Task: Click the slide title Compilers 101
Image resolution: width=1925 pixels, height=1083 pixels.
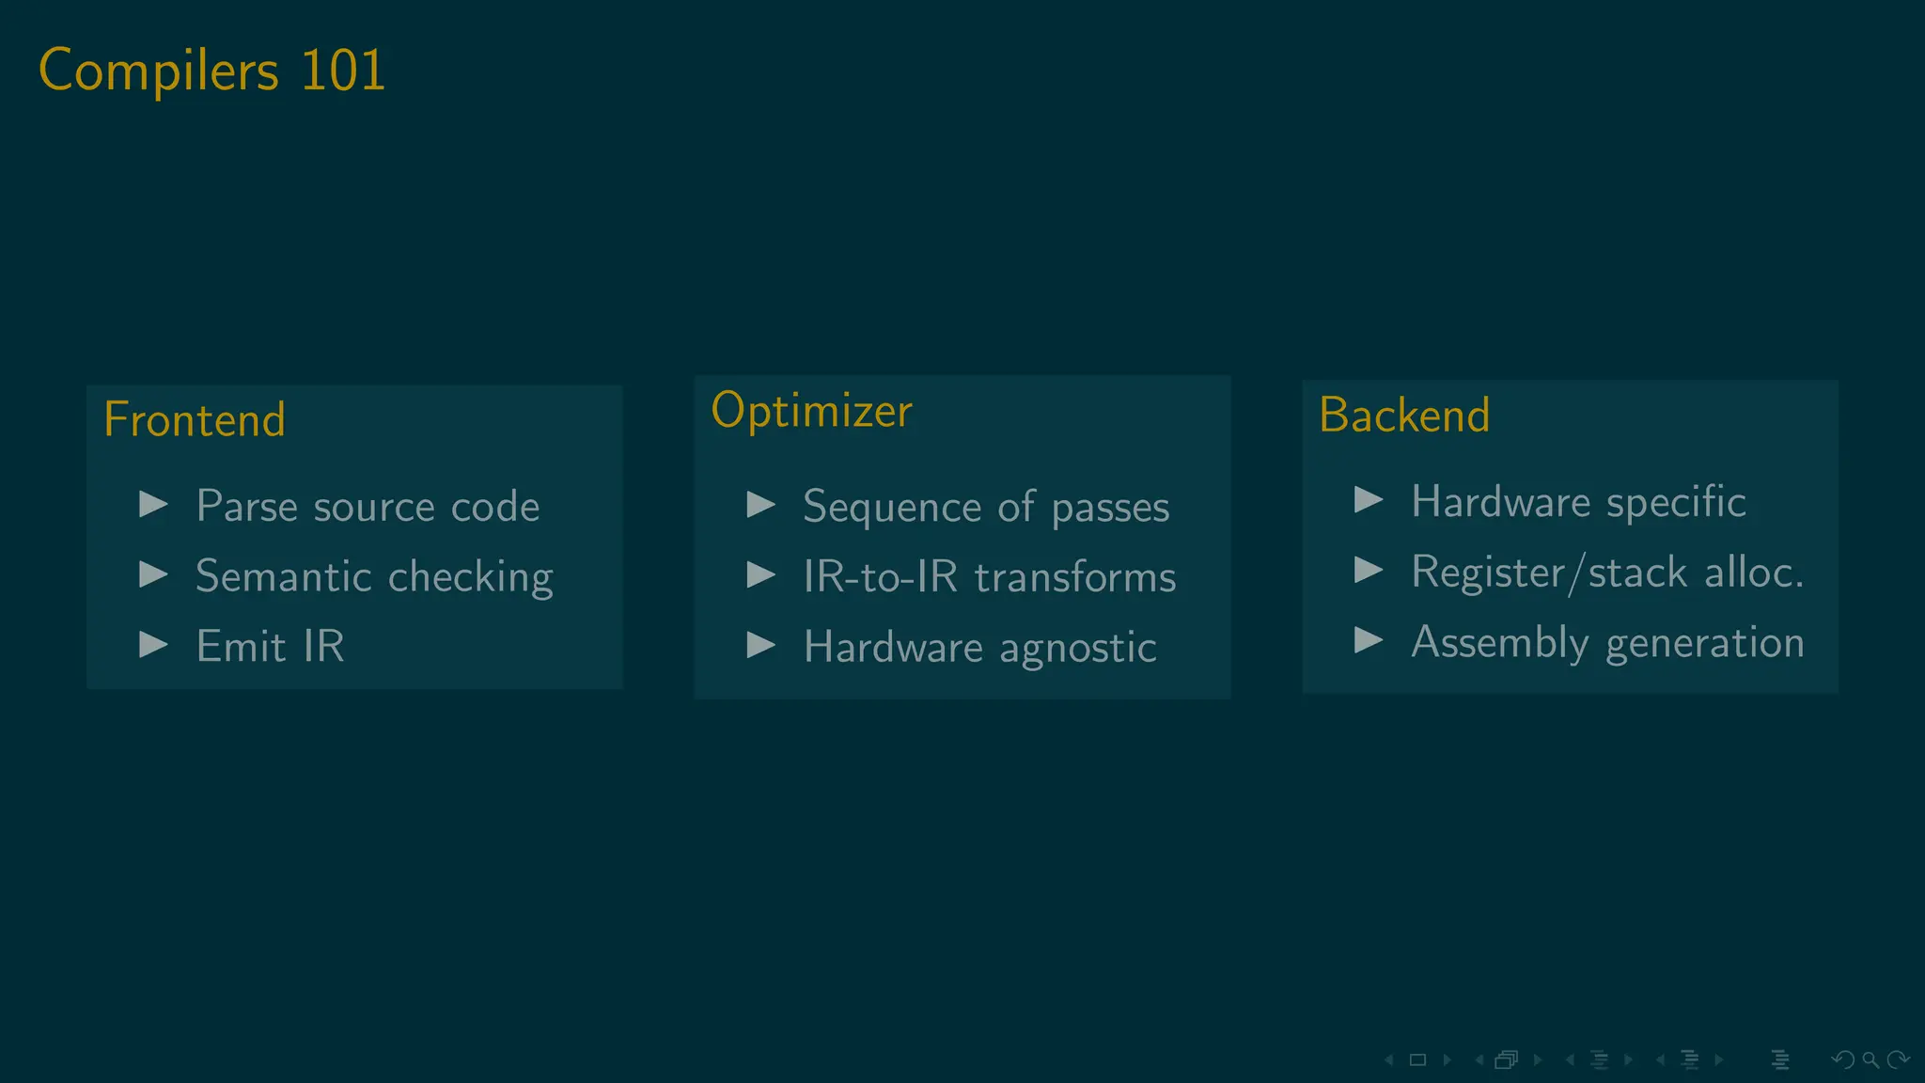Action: (x=211, y=71)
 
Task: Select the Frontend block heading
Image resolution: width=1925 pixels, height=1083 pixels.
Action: (x=195, y=419)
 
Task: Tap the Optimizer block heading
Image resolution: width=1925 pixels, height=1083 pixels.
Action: (x=811, y=411)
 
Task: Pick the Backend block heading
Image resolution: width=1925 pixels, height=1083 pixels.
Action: (x=1404, y=416)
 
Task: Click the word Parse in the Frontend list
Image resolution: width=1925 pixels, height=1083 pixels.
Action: (x=246, y=507)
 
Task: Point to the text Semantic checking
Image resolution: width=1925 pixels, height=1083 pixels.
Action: (x=374, y=576)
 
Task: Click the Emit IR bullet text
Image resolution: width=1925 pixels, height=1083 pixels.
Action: (x=270, y=646)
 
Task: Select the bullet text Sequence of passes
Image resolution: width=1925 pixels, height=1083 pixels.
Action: (x=986, y=507)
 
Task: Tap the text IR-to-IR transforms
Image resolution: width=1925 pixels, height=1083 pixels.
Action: (x=989, y=576)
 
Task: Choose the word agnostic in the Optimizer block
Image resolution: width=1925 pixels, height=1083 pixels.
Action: (x=1077, y=648)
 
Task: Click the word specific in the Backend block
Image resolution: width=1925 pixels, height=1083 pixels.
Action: (x=1676, y=502)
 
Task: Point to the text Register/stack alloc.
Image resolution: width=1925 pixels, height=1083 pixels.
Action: (x=1607, y=572)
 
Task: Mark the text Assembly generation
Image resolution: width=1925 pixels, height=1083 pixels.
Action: (x=1607, y=642)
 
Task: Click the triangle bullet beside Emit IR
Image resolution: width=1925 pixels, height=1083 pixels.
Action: (x=153, y=645)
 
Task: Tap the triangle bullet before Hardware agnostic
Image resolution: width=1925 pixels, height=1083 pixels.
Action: (x=760, y=645)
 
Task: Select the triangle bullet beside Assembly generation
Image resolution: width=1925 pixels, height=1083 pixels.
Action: (x=1368, y=640)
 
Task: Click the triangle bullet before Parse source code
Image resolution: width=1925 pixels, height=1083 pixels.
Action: (x=153, y=505)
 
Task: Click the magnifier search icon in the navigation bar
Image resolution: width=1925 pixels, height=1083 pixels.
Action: (x=1870, y=1060)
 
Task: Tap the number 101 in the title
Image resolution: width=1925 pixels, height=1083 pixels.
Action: (x=343, y=71)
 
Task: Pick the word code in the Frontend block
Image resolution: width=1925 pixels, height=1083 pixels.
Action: (x=495, y=507)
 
